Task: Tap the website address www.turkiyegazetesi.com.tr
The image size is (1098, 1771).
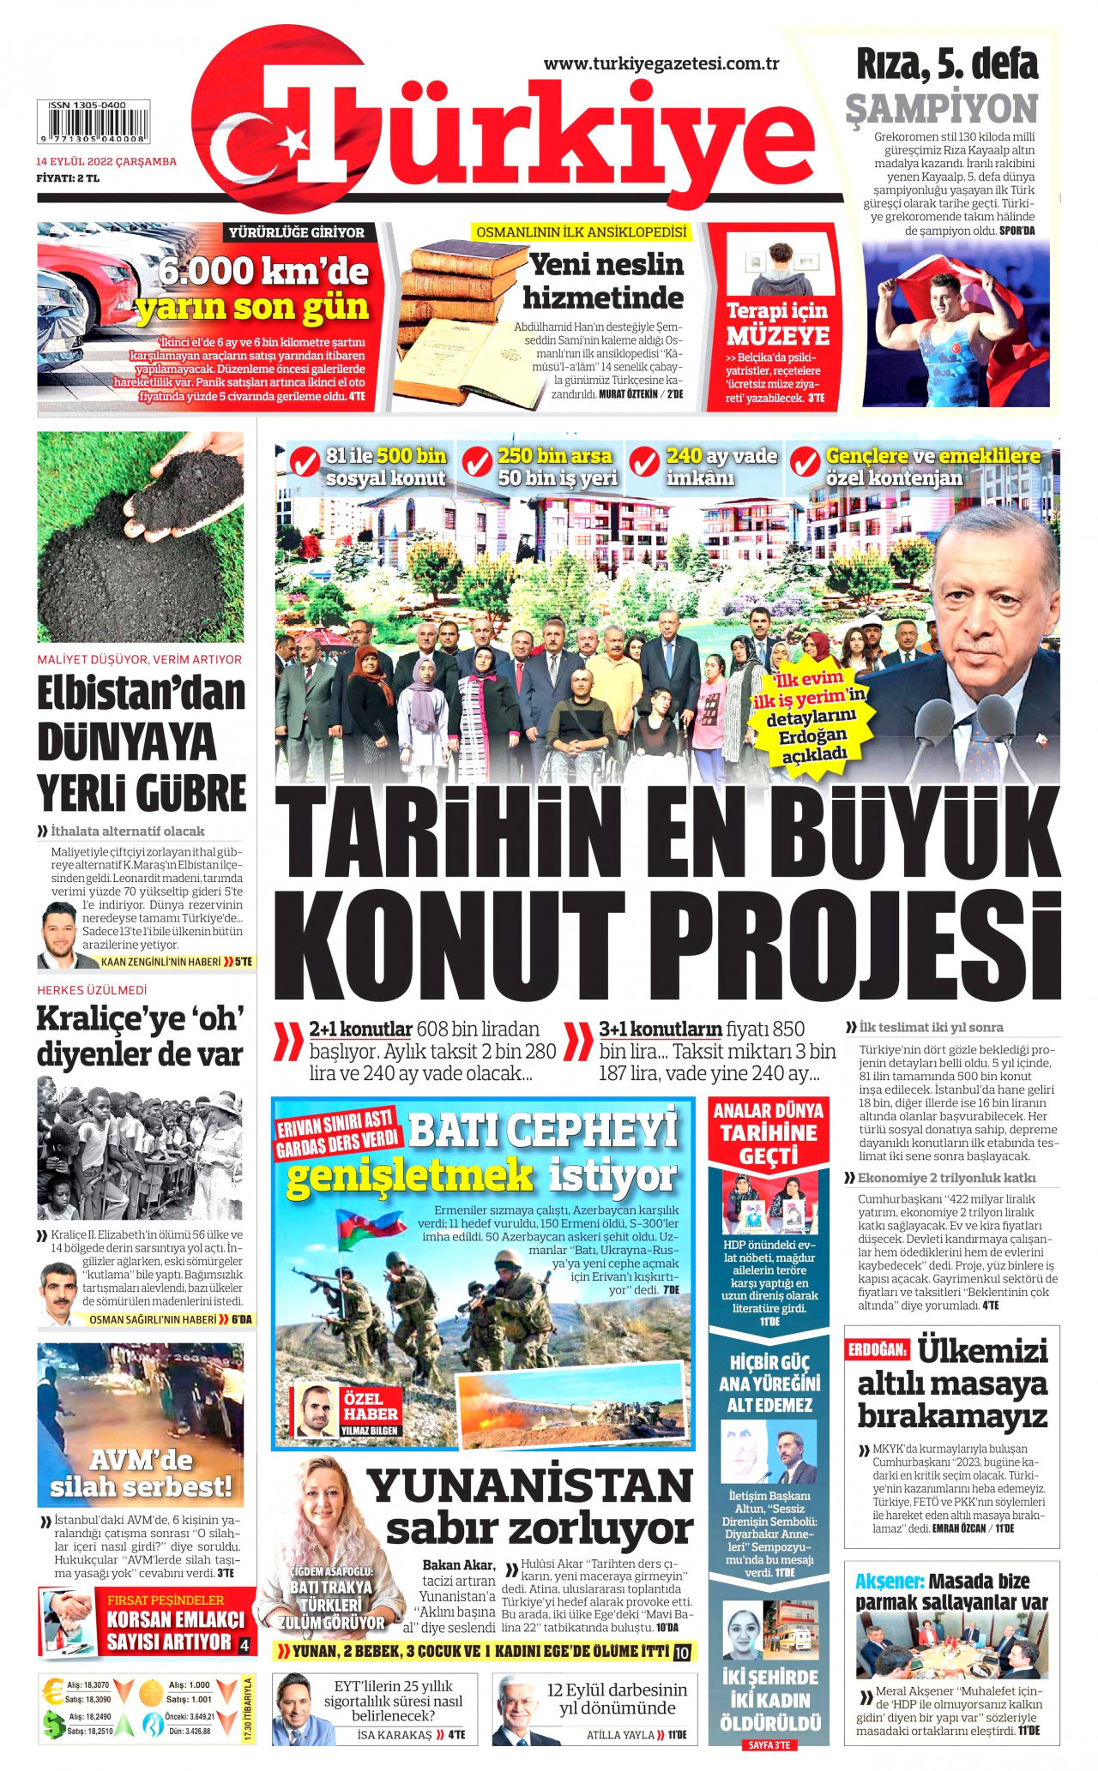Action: click(x=661, y=63)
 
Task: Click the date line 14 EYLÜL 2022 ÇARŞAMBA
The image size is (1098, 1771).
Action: click(x=106, y=161)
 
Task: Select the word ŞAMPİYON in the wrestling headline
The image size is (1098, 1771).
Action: click(x=941, y=109)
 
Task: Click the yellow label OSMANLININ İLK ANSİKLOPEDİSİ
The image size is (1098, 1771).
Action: click(x=581, y=232)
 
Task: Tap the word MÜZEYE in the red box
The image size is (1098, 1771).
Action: click(x=778, y=335)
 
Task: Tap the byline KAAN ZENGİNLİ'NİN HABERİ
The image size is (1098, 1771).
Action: click(x=160, y=962)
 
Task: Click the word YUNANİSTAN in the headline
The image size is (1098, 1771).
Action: click(x=529, y=1486)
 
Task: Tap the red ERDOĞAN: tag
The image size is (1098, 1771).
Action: click(x=877, y=1349)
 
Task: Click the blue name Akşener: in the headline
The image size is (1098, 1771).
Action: click(x=889, y=1581)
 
